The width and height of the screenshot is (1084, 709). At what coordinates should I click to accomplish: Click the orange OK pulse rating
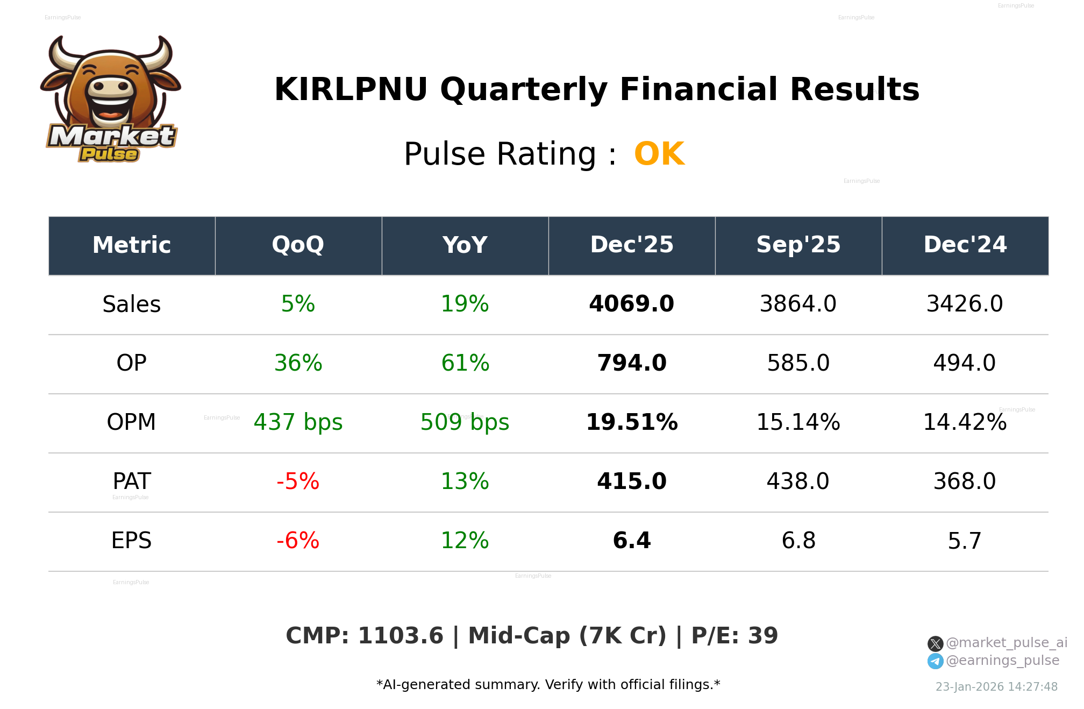click(x=659, y=154)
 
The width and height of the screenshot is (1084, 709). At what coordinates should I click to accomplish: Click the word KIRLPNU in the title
click(x=351, y=90)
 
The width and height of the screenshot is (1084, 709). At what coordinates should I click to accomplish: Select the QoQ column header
click(x=298, y=245)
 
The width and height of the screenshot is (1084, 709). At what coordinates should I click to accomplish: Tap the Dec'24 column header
click(x=965, y=245)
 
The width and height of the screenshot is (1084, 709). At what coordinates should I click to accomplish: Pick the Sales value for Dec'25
click(x=631, y=304)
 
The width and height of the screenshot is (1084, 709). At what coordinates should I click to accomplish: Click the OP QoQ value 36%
click(x=298, y=363)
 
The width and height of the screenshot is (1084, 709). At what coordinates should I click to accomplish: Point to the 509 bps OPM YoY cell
click(x=465, y=422)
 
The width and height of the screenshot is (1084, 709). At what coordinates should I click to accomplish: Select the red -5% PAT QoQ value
click(x=298, y=481)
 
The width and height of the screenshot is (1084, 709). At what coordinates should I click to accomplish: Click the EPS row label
click(x=131, y=541)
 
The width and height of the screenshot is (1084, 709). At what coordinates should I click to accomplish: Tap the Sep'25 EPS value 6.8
click(x=798, y=541)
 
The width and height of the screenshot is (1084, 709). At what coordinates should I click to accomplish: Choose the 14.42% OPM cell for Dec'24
click(x=965, y=422)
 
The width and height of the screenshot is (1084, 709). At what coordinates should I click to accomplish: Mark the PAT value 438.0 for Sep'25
click(x=798, y=481)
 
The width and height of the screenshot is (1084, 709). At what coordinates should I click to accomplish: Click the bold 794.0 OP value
click(x=631, y=363)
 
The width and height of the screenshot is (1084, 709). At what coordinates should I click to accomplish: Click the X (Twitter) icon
click(x=935, y=643)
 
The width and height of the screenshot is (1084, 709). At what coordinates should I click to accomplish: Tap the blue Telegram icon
click(x=935, y=661)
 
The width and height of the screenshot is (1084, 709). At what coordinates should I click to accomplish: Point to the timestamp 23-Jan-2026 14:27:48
click(x=996, y=687)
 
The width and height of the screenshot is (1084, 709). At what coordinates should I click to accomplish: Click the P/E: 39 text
click(x=734, y=636)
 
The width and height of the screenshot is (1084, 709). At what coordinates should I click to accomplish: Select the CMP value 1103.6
click(x=400, y=636)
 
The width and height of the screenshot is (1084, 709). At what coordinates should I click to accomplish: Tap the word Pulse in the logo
click(x=109, y=154)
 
